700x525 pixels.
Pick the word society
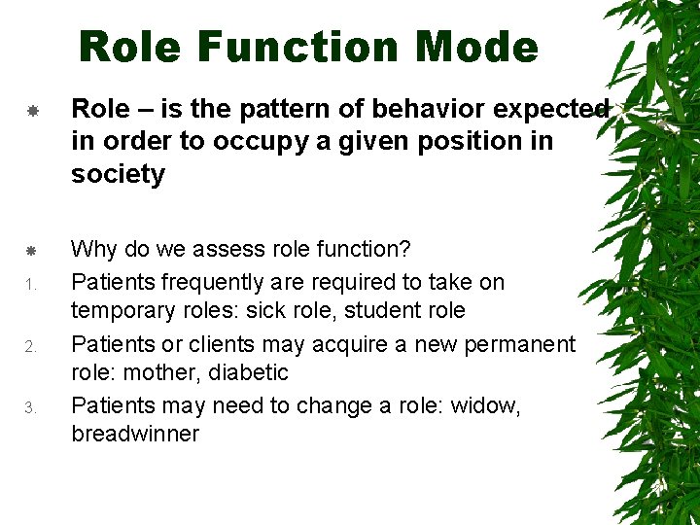[118, 174]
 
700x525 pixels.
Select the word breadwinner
[134, 434]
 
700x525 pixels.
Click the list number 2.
[31, 346]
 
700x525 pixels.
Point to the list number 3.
[31, 407]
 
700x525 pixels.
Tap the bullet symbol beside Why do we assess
[31, 251]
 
